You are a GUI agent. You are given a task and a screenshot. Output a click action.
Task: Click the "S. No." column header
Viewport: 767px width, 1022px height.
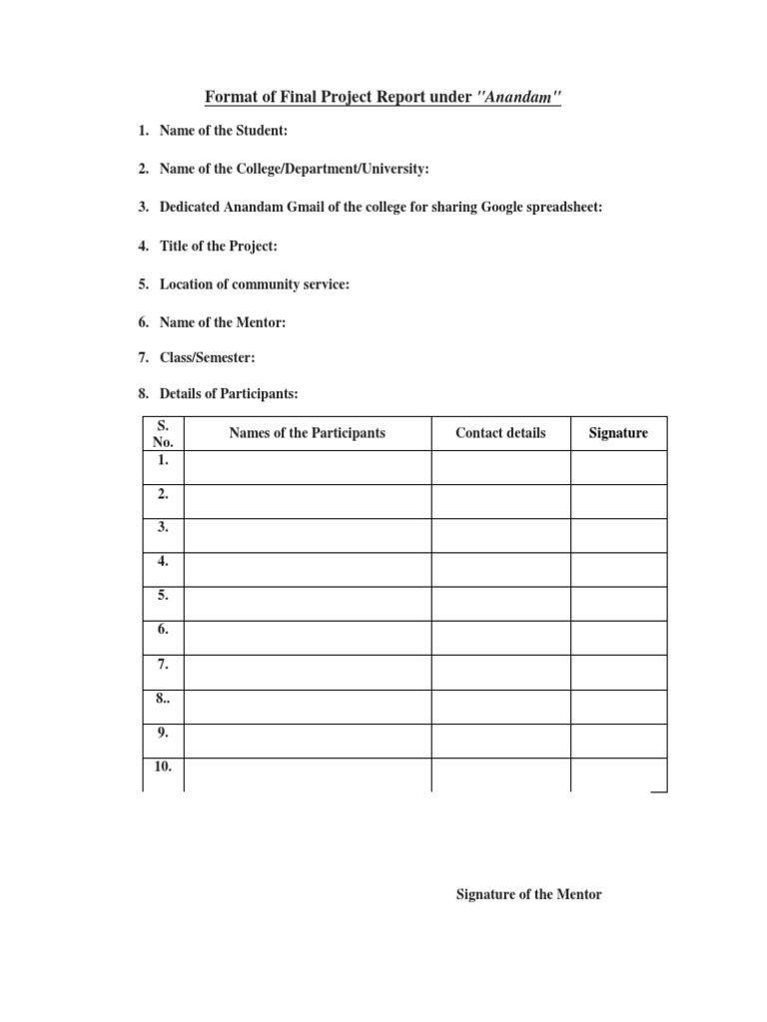(163, 433)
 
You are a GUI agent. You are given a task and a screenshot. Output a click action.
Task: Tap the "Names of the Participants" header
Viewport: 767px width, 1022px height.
(307, 433)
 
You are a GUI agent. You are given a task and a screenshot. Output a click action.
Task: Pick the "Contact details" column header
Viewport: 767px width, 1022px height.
(500, 433)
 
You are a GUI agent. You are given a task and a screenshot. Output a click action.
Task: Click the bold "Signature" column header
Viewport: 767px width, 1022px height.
(618, 433)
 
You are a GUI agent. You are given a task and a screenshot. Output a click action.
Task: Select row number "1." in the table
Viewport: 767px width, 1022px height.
(163, 460)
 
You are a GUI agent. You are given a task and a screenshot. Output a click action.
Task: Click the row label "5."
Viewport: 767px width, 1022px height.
(163, 596)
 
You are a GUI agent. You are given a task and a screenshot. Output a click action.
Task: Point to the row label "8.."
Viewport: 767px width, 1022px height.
(163, 699)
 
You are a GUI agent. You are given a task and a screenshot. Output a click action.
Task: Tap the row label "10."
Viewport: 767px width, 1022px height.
(163, 766)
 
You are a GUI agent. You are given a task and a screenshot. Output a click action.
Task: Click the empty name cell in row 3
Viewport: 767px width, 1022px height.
(307, 535)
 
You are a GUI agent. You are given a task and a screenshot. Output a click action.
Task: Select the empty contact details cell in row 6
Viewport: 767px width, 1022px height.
(500, 638)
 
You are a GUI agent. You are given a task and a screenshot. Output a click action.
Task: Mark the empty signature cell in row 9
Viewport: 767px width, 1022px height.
(618, 741)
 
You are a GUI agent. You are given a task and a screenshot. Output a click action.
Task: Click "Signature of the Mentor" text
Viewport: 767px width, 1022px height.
(528, 894)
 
